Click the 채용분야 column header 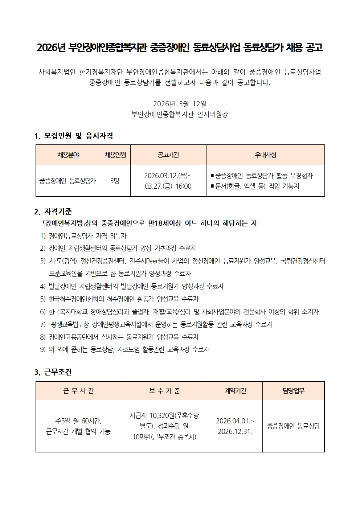68,155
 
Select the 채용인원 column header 115,155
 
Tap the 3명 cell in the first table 115,181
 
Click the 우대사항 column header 265,155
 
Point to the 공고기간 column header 168,155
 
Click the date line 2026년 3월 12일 180,104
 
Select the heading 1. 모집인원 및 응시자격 74,136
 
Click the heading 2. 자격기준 53,211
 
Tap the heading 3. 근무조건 53,372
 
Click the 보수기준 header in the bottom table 164,391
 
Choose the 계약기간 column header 235,391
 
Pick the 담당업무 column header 293,391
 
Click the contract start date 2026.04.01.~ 235,421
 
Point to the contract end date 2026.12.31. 235,431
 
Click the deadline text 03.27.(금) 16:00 168,186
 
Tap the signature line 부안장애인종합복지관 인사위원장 180,115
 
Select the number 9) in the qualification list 43,349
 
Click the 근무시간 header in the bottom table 78,391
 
